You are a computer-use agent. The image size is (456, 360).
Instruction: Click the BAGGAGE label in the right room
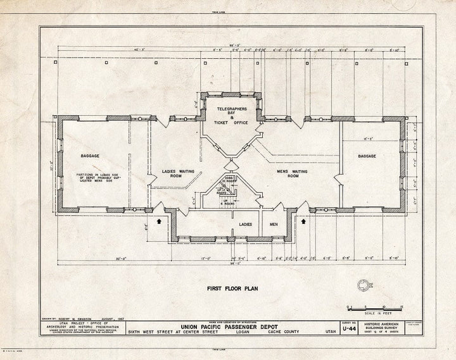(367, 156)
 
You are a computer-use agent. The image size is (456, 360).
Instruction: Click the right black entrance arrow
(304, 221)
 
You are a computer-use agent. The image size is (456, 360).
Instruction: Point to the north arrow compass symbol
(364, 286)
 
